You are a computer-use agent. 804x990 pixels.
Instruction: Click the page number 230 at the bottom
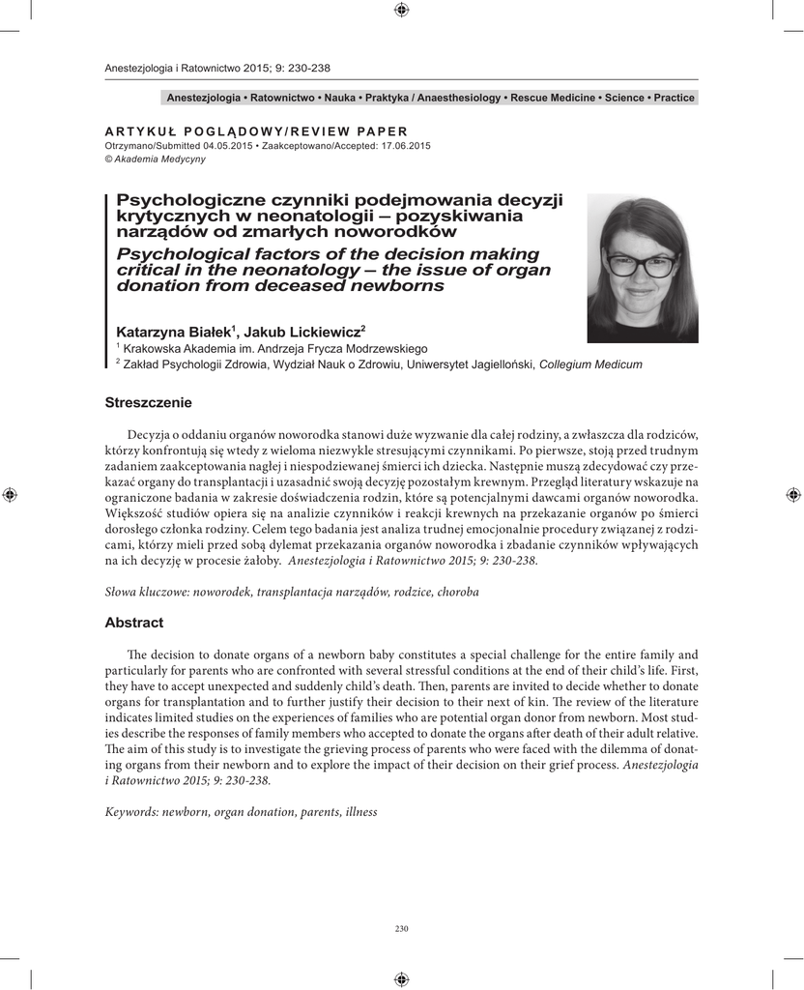point(402,929)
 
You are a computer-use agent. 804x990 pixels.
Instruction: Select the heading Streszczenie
point(149,401)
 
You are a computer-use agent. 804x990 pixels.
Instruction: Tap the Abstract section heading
point(133,623)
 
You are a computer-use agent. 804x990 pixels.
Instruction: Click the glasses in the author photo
point(642,262)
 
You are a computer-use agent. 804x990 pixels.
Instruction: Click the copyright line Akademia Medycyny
point(154,159)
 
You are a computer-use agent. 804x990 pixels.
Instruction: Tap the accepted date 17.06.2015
point(407,146)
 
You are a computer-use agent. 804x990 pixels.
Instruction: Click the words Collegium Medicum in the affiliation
point(589,364)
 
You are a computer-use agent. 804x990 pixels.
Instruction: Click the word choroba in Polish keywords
point(457,590)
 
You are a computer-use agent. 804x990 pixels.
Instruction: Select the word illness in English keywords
point(358,812)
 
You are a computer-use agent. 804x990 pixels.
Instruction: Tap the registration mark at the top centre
point(402,11)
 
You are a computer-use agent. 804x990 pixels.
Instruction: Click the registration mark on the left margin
point(11,495)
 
